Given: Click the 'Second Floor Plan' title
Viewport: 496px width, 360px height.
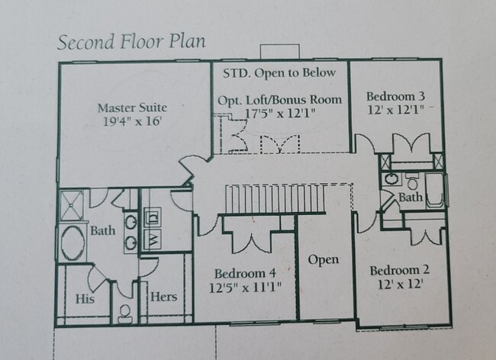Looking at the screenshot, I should tap(130, 41).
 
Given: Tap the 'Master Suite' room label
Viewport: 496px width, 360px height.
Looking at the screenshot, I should tap(132, 108).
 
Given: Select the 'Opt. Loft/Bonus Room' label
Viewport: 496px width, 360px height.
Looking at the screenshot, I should tap(280, 100).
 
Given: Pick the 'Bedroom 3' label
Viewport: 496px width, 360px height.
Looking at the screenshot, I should tap(395, 96).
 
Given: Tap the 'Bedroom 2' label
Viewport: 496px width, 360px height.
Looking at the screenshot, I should tap(400, 271).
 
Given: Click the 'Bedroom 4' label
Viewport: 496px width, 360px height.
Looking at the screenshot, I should tap(244, 273).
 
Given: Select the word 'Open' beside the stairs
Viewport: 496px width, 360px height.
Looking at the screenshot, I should tap(323, 260).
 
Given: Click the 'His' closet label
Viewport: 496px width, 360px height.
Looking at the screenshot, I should tap(85, 299).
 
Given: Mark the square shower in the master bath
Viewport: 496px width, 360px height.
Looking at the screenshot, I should tap(74, 204).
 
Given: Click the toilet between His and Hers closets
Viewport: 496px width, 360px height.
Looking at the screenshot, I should tap(127, 316).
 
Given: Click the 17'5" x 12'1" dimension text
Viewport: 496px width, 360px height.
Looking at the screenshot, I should tap(280, 113).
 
